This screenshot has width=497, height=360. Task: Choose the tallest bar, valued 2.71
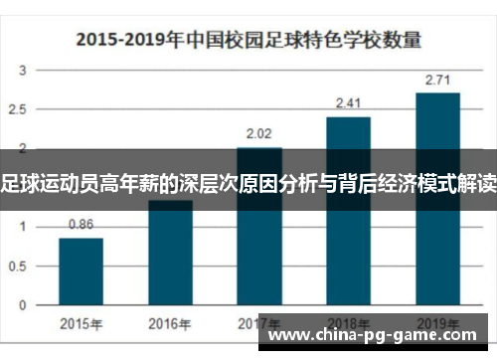(x=437, y=198)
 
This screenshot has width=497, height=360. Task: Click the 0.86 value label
(x=81, y=225)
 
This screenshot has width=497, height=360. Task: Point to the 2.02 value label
(x=258, y=133)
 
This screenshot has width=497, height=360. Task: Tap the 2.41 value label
(x=348, y=102)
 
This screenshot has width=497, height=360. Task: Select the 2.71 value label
(x=437, y=79)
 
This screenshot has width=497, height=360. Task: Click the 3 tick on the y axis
(x=24, y=71)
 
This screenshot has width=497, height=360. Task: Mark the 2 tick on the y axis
(x=24, y=148)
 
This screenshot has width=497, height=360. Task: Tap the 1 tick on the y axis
(x=24, y=226)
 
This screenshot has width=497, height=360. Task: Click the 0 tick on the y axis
(x=24, y=303)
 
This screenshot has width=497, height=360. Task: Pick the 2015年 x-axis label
(x=81, y=323)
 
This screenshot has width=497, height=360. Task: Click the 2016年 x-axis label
(x=170, y=323)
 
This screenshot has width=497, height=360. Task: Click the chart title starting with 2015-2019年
(x=248, y=40)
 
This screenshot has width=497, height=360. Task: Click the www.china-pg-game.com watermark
(x=378, y=335)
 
